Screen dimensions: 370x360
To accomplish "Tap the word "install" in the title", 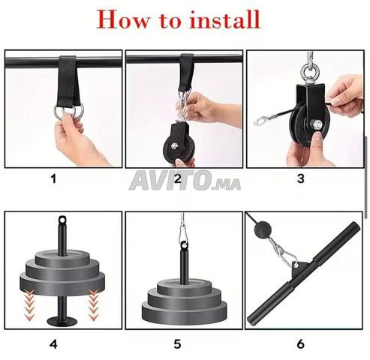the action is (x=224, y=19).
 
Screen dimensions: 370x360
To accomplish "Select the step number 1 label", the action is (x=53, y=179).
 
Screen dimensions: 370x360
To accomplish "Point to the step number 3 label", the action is (x=301, y=178).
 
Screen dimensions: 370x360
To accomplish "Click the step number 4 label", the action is (x=53, y=344).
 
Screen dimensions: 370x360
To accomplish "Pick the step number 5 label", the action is (x=177, y=344).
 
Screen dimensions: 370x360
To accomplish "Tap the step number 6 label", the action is (x=301, y=344).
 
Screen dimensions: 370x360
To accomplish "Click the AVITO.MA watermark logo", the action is (x=185, y=181).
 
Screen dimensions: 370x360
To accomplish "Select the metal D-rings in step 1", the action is (x=68, y=112).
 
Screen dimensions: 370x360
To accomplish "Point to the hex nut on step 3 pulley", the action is (x=316, y=124).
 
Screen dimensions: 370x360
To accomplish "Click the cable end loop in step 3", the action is (x=261, y=121).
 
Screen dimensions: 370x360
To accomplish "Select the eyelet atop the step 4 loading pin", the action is (x=62, y=219).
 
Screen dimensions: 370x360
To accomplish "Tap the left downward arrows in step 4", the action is (x=29, y=304).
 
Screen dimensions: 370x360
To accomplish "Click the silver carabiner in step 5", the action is (x=183, y=234).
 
